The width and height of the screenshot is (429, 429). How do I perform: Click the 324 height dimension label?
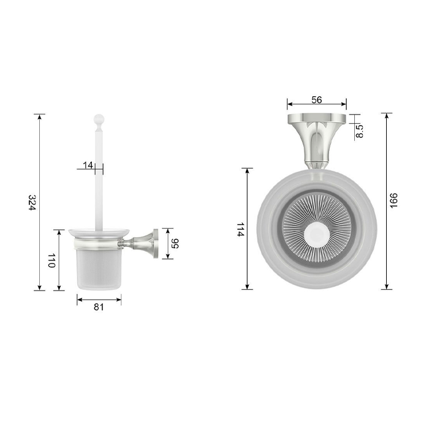32,202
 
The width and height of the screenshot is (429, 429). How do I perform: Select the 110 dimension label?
51,260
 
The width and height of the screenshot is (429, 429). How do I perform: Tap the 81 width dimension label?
99,307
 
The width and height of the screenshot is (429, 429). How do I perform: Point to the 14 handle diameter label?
88,165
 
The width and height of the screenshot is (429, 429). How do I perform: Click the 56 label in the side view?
175,243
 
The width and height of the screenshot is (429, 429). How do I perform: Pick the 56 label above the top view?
317,100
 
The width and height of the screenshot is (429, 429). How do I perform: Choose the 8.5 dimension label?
360,131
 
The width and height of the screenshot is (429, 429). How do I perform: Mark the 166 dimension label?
393,200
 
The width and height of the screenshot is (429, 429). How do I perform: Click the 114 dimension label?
240,230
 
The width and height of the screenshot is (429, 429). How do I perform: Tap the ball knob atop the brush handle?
99,119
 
